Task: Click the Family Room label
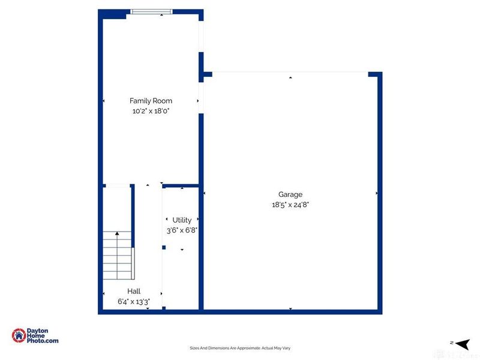tap(151, 101)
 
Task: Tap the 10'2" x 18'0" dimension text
tap(151, 111)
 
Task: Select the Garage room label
tap(290, 194)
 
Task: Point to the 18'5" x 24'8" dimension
tap(290, 205)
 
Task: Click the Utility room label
tap(182, 220)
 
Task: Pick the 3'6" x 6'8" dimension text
tap(182, 230)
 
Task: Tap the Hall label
tap(133, 291)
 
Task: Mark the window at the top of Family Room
tap(152, 10)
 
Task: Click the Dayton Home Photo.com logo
tap(36, 335)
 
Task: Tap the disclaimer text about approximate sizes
tap(240, 348)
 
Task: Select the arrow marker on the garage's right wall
tap(376, 193)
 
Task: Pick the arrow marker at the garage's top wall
tap(290, 77)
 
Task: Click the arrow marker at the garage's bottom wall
tap(290, 308)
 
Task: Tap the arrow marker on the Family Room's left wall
tap(104, 101)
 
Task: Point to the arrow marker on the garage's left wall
tap(205, 193)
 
